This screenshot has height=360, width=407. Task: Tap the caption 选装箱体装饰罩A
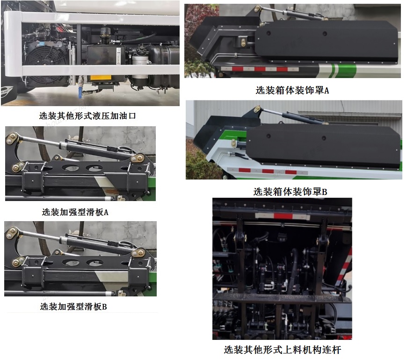[292, 90]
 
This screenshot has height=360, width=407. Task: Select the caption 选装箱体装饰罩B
[290, 192]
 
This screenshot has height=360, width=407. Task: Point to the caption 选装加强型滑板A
[75, 212]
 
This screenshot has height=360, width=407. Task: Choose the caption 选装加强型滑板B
[73, 307]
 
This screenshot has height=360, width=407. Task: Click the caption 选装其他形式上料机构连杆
[282, 349]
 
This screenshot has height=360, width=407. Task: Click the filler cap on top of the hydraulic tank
[104, 32]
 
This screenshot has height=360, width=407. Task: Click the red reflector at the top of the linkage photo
[283, 216]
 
